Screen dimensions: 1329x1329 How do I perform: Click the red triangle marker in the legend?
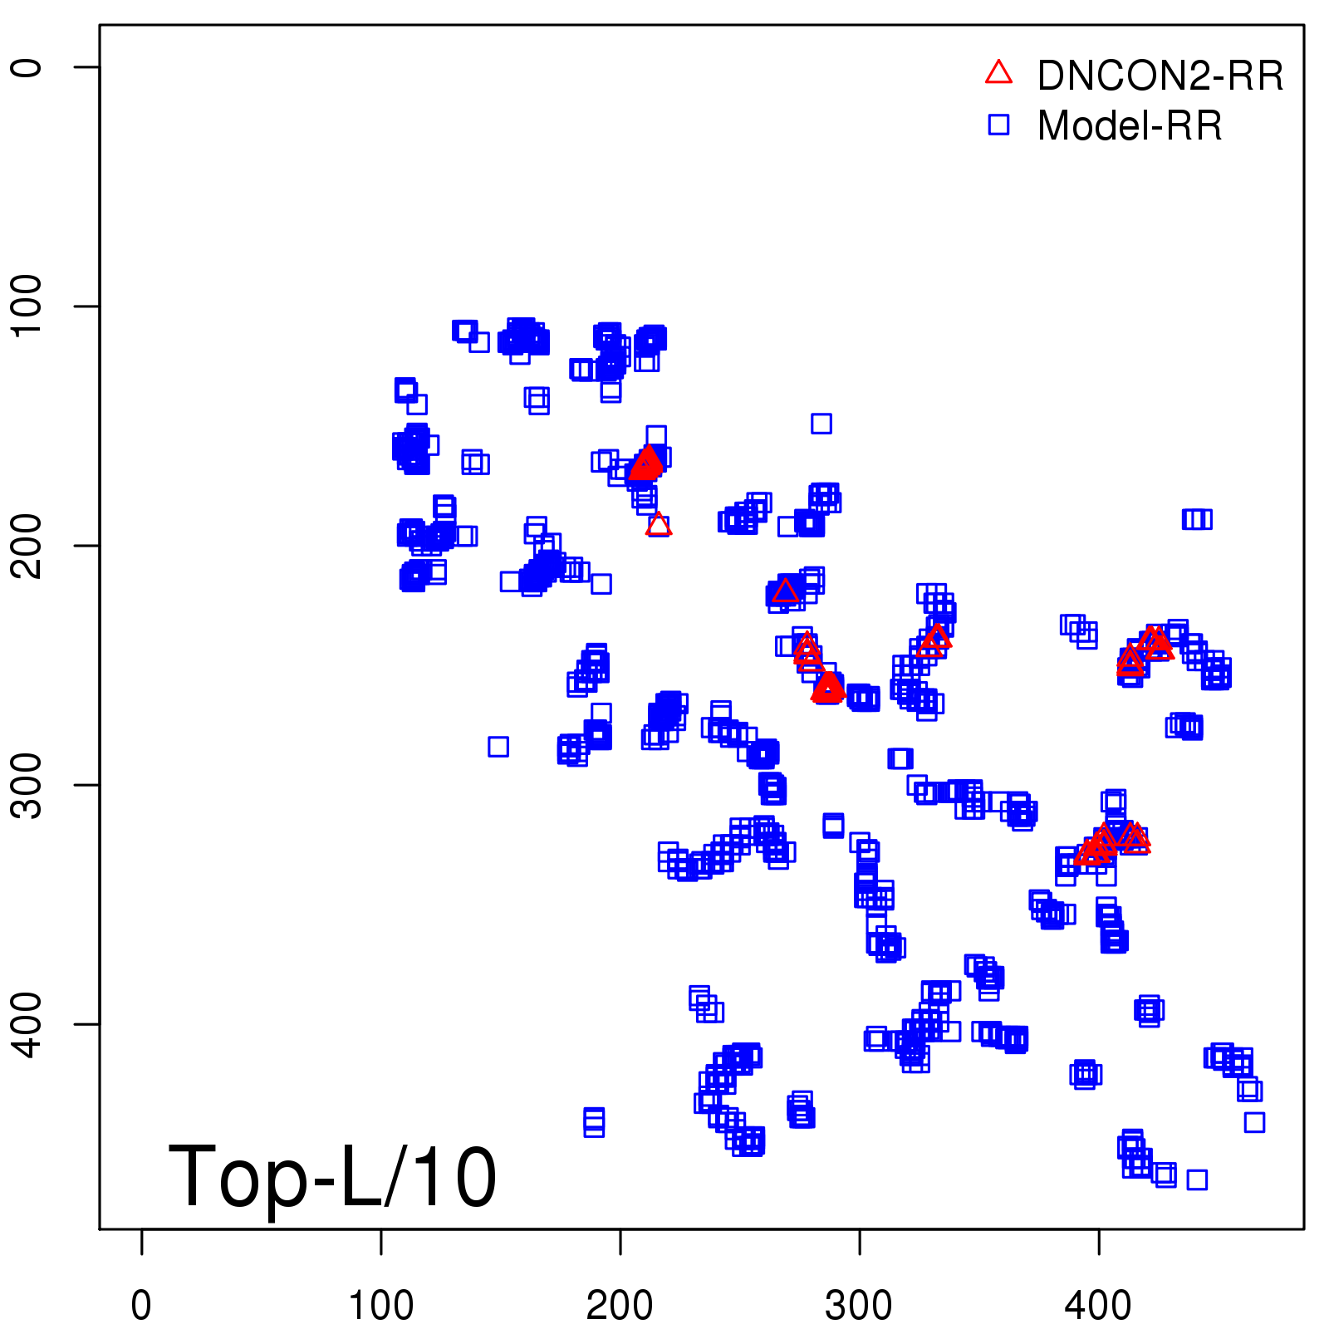pos(998,73)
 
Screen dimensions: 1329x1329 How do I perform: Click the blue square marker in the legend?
pos(998,125)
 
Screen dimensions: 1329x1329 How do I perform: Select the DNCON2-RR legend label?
pos(1160,76)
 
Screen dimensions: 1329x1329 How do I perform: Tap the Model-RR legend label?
pos(1130,126)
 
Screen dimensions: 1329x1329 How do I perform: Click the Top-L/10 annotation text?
pos(332,1176)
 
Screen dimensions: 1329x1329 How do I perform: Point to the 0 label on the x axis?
pos(141,1306)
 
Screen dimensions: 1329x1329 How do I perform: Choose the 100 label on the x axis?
pos(380,1306)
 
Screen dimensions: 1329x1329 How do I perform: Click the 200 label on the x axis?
pos(620,1306)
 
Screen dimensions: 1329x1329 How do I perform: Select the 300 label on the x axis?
pos(859,1306)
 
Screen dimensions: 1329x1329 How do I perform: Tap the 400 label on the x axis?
pos(1098,1306)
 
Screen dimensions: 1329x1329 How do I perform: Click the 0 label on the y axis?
pos(27,67)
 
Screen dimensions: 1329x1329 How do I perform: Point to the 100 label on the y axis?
pos(27,306)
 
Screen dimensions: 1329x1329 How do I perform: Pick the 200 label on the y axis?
pos(27,545)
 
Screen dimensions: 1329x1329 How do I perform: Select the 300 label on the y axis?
pos(27,784)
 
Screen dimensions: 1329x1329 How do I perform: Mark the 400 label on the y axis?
pos(27,1023)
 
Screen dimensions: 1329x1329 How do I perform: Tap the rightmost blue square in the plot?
pos(1254,1122)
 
